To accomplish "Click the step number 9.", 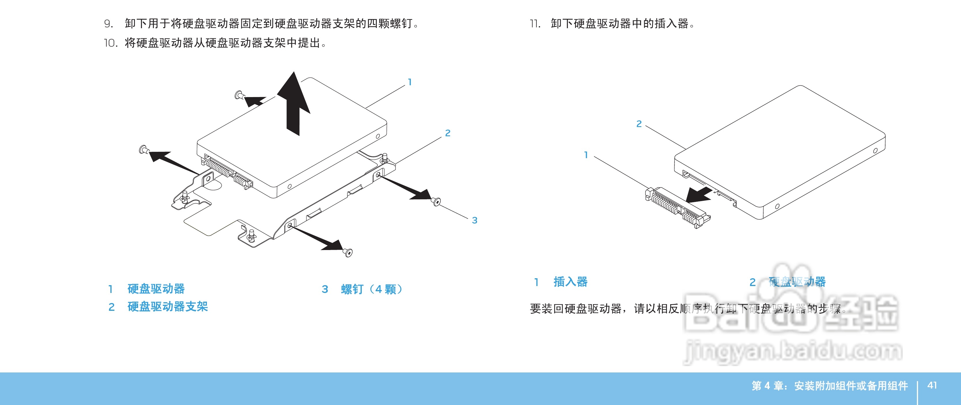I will tap(108, 24).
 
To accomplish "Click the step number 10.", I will tap(111, 43).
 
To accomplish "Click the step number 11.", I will tap(535, 24).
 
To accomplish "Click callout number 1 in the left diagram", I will tap(410, 82).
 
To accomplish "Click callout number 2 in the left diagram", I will tap(448, 133).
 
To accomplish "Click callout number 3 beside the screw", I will tap(474, 220).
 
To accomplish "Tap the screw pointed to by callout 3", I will tap(436, 202).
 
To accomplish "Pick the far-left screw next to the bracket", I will tap(143, 150).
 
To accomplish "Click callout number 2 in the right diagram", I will tap(639, 124).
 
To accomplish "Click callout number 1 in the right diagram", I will tap(586, 155).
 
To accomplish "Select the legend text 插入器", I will tap(570, 282).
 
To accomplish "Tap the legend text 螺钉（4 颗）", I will tap(371, 289).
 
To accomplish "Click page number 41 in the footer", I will tap(932, 385).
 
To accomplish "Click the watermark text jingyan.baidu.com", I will tap(793, 351).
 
